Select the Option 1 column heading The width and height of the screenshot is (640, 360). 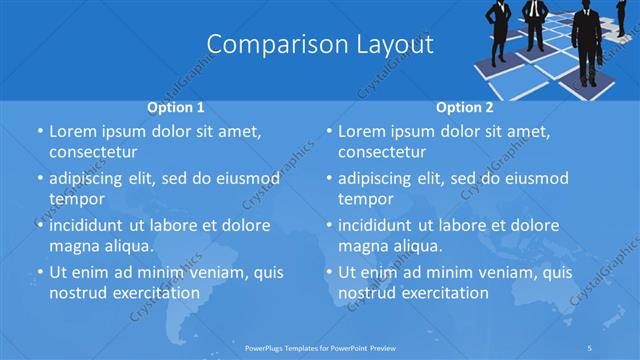176,106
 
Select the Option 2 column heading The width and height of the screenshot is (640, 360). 465,106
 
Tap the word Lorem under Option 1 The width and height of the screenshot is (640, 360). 75,131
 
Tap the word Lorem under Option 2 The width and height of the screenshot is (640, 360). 364,131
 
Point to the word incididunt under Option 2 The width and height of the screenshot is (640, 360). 381,225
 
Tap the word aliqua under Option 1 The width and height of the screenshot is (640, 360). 127,246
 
